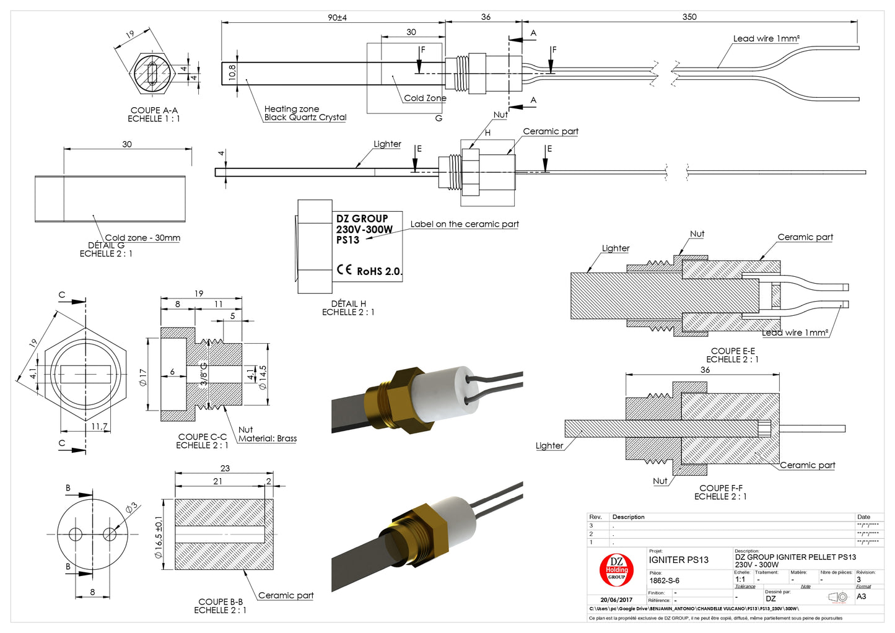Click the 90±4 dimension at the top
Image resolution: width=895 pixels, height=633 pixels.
pos(337,17)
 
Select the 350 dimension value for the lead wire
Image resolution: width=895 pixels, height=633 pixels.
pos(689,17)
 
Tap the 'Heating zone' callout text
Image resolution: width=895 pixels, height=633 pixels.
pos(292,108)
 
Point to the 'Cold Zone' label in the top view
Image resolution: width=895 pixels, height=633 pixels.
pos(425,98)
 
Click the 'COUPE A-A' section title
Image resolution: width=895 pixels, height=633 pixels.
pos(154,110)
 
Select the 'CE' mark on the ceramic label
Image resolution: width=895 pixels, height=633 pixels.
pos(344,269)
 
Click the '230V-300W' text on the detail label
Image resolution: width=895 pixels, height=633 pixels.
pos(364,229)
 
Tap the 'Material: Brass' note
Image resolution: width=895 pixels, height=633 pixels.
pos(268,439)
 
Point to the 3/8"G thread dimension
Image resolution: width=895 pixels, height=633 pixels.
pos(204,374)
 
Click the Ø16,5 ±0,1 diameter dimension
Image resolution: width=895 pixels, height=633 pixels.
pos(159,537)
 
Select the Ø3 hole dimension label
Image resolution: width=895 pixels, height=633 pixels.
pos(131,509)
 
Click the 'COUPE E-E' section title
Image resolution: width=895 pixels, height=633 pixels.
pos(733,351)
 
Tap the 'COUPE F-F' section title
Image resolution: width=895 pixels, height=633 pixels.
pos(721,488)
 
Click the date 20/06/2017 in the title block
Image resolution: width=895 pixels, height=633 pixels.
pos(616,600)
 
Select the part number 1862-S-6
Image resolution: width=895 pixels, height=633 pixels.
pos(664,580)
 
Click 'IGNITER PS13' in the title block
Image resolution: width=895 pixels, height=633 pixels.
pos(678,560)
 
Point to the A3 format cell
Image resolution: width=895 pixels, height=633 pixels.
pos(861,596)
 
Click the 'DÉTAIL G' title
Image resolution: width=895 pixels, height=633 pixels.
pos(106,245)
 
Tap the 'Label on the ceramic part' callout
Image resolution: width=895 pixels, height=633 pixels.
pos(465,224)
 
